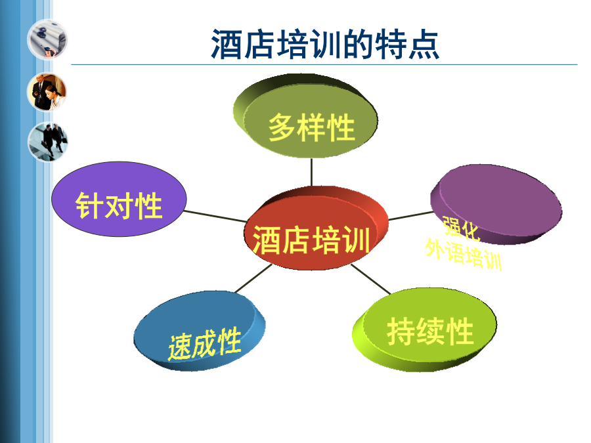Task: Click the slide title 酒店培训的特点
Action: tap(325, 45)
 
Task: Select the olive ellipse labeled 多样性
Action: tap(305, 116)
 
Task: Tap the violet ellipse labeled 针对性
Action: tap(119, 199)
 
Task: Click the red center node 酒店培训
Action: tap(316, 228)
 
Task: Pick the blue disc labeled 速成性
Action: tap(200, 331)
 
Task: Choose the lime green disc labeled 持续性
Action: tap(424, 329)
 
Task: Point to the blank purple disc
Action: tap(496, 204)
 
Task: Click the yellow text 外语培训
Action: tap(464, 254)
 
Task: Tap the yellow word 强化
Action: tap(461, 228)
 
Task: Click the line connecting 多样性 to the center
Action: tap(311, 172)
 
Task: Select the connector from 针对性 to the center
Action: tap(215, 216)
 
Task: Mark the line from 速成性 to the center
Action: tap(253, 278)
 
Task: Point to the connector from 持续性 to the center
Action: tap(371, 279)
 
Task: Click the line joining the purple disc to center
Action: tap(411, 216)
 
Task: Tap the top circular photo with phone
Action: tap(47, 39)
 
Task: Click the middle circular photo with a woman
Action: tap(47, 92)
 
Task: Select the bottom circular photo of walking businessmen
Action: tap(47, 142)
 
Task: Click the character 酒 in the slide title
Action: tap(226, 45)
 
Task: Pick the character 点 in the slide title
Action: tap(424, 45)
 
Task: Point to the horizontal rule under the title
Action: tap(324, 65)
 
